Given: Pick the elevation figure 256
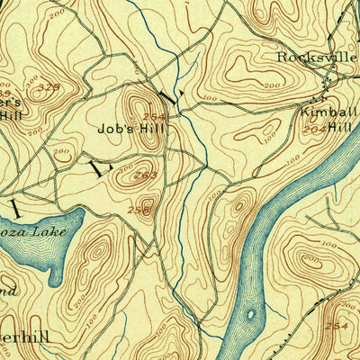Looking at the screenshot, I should (139, 210).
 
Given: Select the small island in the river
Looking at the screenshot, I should (250, 316).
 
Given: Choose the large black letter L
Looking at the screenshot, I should (98, 166).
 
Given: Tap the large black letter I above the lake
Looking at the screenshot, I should (15, 207).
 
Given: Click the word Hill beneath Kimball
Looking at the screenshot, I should (337, 128).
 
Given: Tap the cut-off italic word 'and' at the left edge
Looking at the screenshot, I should (7, 291).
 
